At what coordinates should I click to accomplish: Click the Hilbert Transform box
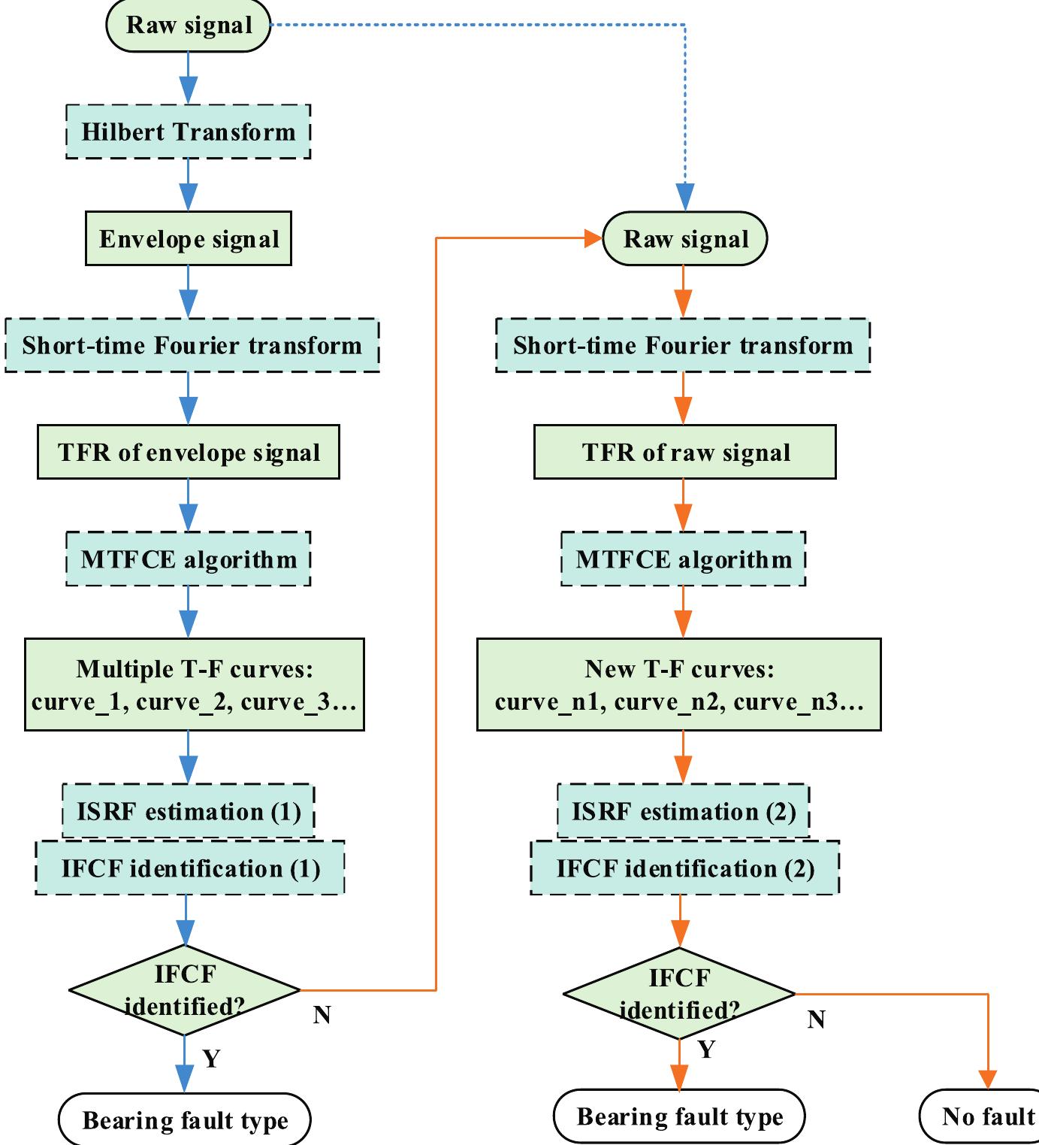click(188, 132)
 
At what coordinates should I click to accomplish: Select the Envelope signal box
click(188, 239)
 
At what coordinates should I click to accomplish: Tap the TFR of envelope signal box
click(188, 452)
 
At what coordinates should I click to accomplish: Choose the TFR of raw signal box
click(684, 452)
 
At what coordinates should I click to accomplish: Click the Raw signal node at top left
click(188, 26)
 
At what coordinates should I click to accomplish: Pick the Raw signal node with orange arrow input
click(684, 239)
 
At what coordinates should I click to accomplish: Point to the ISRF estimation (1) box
click(188, 811)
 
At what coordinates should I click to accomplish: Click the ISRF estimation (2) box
click(683, 811)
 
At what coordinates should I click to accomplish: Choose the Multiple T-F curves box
click(194, 684)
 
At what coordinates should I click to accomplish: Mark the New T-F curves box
click(678, 684)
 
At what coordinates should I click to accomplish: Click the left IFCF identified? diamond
click(185, 990)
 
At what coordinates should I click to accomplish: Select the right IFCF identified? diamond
click(679, 994)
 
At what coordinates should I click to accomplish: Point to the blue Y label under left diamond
click(211, 1059)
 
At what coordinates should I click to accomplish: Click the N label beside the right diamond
click(816, 1019)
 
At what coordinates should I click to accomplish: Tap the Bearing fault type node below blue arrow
click(184, 1120)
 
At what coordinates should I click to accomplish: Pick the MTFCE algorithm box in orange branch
click(683, 559)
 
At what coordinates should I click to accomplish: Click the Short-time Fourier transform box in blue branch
click(192, 345)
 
